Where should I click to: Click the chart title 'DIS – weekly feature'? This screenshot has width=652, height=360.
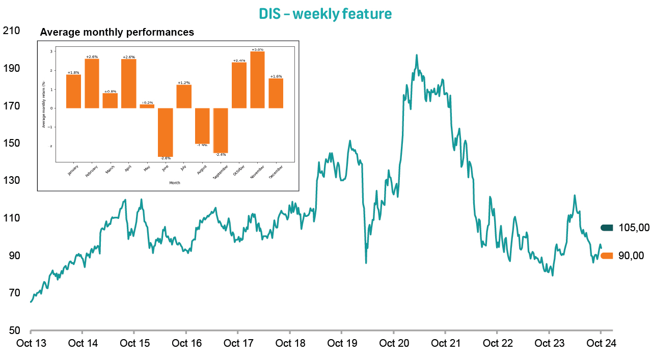(325, 14)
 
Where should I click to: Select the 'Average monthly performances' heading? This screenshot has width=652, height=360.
(117, 32)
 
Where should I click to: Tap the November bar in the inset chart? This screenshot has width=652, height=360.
(257, 80)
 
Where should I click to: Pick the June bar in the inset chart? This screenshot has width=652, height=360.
(165, 132)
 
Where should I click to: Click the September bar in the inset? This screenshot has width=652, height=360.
(221, 130)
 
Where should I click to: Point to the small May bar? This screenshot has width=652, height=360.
(147, 106)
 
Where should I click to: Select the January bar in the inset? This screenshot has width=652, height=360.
(73, 91)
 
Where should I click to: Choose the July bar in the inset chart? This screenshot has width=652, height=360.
(184, 96)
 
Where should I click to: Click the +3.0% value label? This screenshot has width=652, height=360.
(257, 49)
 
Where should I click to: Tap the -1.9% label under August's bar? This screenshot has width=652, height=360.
(202, 146)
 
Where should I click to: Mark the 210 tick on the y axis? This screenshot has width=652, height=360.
(11, 31)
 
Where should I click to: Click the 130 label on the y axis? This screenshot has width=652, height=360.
(11, 180)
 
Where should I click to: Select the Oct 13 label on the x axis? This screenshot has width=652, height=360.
(31, 343)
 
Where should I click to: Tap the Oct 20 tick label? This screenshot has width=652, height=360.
(394, 343)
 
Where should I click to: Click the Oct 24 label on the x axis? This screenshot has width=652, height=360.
(601, 343)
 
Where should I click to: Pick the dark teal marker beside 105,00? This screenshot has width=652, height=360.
(607, 228)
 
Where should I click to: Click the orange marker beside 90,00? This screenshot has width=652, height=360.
(607, 256)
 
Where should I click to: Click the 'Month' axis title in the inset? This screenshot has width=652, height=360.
(174, 182)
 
